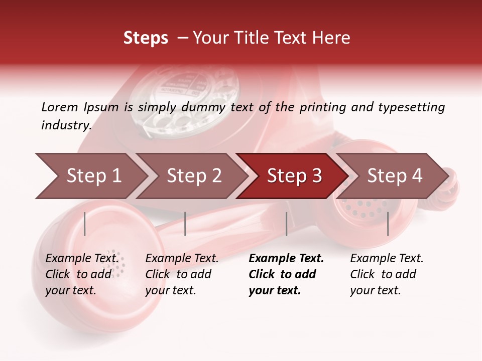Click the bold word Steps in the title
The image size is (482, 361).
(146, 38)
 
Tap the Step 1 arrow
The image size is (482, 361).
(93, 176)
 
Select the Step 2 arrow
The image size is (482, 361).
(194, 176)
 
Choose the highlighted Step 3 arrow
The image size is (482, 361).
(294, 176)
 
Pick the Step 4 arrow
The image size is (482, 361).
(394, 176)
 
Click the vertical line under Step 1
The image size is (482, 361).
(85, 224)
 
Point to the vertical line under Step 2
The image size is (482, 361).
(185, 224)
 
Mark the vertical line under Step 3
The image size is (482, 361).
(286, 224)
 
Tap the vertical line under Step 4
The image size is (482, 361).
(388, 224)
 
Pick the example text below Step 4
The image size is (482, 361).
(387, 274)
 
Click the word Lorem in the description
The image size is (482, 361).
(60, 107)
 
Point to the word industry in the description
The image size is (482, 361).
(66, 125)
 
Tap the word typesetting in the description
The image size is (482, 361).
(411, 107)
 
